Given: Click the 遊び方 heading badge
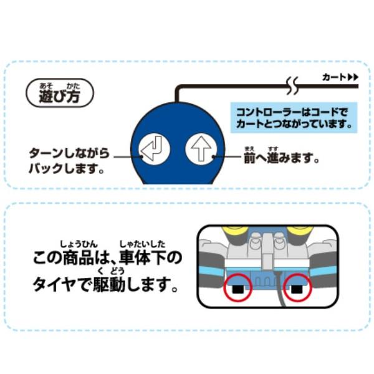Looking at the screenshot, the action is click(60, 93).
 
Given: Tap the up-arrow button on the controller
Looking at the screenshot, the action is click(201, 149).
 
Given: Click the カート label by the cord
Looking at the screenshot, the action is click(333, 77).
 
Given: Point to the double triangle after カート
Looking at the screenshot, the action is click(353, 77).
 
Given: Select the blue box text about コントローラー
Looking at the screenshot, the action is click(294, 118).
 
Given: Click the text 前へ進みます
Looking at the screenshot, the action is click(281, 157).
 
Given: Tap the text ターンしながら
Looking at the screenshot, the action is click(69, 153).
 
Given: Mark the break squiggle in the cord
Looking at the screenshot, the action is click(292, 86).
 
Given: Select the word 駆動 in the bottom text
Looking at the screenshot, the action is click(109, 284).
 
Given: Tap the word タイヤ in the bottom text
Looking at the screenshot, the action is click(54, 284).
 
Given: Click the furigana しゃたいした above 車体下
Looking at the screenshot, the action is click(142, 244).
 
